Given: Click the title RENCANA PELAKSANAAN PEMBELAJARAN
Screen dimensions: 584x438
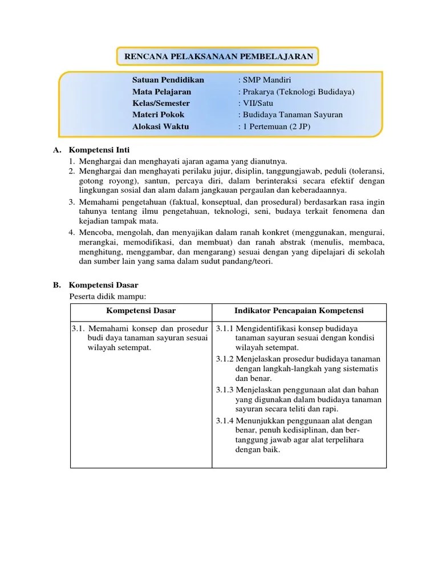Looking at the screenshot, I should tap(218, 56).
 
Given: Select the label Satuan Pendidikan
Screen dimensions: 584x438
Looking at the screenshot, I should tap(168, 80).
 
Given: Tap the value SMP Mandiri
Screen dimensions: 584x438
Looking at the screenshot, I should tap(266, 80).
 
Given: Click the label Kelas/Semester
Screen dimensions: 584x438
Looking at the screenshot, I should tap(161, 103).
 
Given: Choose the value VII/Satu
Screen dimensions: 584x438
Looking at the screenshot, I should tap(257, 103).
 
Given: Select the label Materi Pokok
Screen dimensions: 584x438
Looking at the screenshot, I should tap(159, 115).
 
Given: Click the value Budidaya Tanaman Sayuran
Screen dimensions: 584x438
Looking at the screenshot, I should tap(292, 115).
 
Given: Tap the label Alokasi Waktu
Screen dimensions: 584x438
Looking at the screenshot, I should tap(160, 127).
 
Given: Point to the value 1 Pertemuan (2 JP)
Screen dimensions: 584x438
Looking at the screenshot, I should tap(275, 127).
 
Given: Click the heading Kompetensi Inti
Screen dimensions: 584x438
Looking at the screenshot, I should tap(99, 150).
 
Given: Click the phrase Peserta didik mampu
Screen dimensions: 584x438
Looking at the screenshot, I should tap(108, 296).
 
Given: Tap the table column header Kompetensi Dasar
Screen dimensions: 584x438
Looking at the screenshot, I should tap(141, 310).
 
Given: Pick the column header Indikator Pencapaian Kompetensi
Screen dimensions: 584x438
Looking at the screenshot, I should tap(299, 310).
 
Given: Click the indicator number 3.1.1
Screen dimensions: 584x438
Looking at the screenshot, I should tap(225, 328).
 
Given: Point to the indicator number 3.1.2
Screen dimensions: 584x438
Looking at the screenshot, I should tap(225, 359).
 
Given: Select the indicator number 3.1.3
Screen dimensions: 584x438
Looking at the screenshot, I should tap(225, 390).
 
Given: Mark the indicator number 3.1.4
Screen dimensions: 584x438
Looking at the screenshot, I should tap(225, 420).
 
